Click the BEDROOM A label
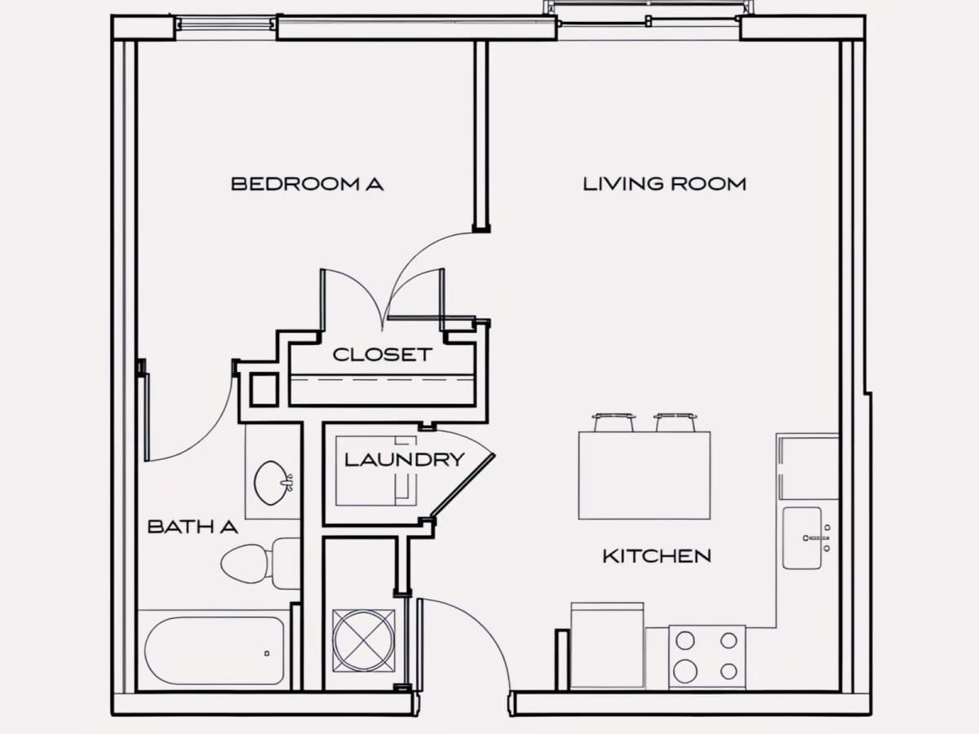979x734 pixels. coord(308,184)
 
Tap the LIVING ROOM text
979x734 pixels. coord(665,184)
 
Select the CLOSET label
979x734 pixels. coord(383,355)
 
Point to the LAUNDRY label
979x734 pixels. coord(405,459)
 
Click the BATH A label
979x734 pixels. coord(193,527)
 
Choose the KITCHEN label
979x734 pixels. coord(657,555)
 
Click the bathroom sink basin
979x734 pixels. coord(272,483)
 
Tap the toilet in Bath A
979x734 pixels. coord(260,564)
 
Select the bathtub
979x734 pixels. coord(214,650)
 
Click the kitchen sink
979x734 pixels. coord(803,538)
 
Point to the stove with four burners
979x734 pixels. coord(707,657)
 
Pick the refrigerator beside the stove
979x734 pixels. coord(608,646)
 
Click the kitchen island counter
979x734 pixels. coord(645,475)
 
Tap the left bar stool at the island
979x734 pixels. coord(614,422)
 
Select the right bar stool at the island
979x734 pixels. coord(676,422)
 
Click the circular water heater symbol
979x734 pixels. coord(364,641)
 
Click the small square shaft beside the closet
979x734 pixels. coord(264,390)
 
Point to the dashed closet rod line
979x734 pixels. coord(382,380)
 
